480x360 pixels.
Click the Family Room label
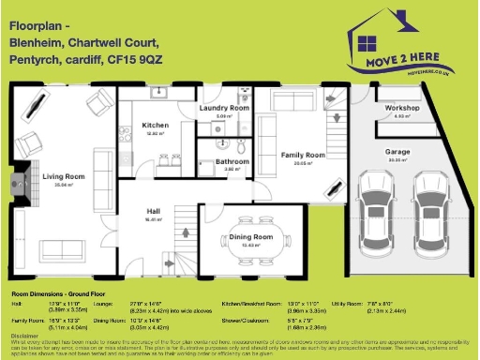tap(303, 154)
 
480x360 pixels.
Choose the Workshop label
tap(402, 108)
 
